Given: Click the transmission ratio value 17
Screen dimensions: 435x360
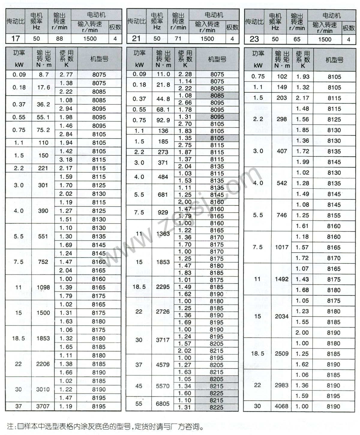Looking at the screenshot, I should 15,39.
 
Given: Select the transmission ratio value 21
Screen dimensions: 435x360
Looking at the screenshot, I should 136,39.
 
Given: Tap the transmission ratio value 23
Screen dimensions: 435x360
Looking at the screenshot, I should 254,39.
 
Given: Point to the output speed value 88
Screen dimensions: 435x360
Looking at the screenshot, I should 59,39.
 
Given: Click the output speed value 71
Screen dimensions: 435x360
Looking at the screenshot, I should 178,39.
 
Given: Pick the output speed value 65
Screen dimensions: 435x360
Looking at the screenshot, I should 297,39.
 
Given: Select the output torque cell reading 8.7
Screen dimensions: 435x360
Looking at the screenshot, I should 44,75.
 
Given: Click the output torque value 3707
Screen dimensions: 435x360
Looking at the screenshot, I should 43,406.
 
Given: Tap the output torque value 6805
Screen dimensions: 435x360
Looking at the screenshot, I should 163,403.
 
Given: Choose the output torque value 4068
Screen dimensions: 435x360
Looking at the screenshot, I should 281,406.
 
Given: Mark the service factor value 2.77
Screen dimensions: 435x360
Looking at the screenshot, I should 66,75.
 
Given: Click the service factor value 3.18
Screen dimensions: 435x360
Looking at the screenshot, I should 66,160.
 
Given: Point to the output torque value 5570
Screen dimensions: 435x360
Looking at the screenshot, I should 163,386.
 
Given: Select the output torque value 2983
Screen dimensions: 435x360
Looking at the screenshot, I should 281,385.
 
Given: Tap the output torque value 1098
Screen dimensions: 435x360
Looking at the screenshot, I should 43,287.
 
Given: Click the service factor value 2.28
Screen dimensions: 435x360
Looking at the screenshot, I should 185,74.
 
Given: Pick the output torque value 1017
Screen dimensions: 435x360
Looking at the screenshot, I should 281,247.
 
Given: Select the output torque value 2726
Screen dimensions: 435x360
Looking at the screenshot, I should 163,312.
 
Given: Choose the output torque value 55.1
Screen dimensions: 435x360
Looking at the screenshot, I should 43,117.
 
